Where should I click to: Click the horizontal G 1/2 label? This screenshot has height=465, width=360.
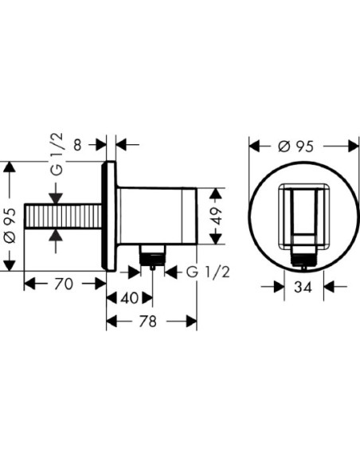tap(209, 271)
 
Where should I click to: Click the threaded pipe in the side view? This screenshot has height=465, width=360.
tap(64, 216)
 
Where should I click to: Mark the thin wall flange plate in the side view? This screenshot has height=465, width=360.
tap(111, 216)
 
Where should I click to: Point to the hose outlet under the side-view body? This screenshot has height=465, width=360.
tap(152, 255)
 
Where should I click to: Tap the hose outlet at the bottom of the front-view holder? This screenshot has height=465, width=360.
tap(303, 256)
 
